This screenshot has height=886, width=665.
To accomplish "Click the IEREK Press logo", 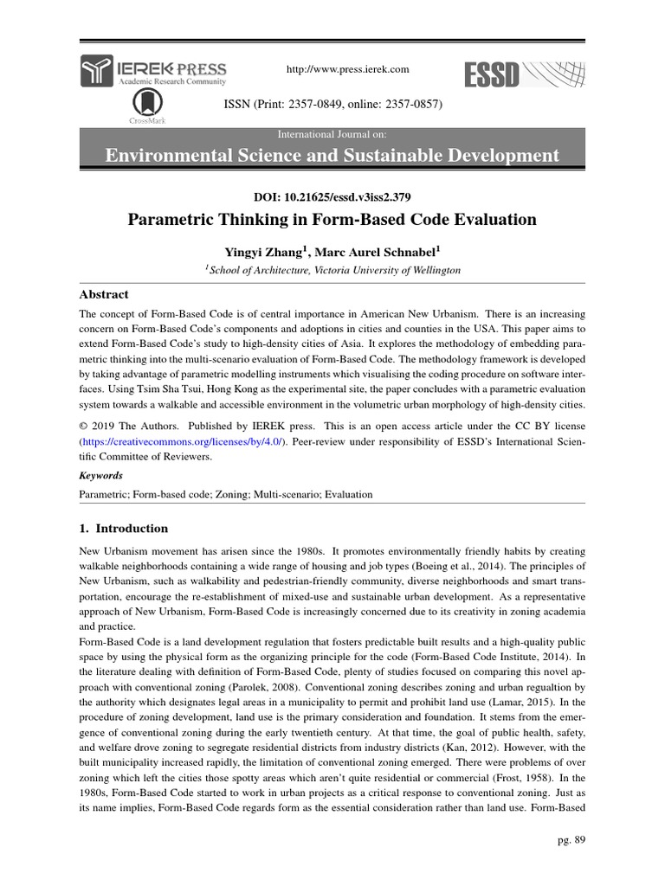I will [x=153, y=70].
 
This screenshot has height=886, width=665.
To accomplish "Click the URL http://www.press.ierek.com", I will [x=334, y=69].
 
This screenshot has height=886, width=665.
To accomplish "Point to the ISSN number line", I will [x=333, y=105].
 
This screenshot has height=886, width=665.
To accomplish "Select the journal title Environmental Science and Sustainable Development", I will [x=332, y=156].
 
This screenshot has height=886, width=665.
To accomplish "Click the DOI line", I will [x=332, y=196].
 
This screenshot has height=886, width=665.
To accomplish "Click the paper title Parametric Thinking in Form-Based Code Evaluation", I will [x=332, y=220].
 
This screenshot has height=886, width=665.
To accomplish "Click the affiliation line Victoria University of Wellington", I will [x=333, y=271].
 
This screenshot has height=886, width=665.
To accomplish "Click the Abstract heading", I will [x=104, y=294].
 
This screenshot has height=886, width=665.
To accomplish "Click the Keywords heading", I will [x=100, y=475].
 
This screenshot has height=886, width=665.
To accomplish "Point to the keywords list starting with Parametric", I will [x=225, y=495].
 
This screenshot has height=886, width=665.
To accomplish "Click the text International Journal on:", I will [x=332, y=134].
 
